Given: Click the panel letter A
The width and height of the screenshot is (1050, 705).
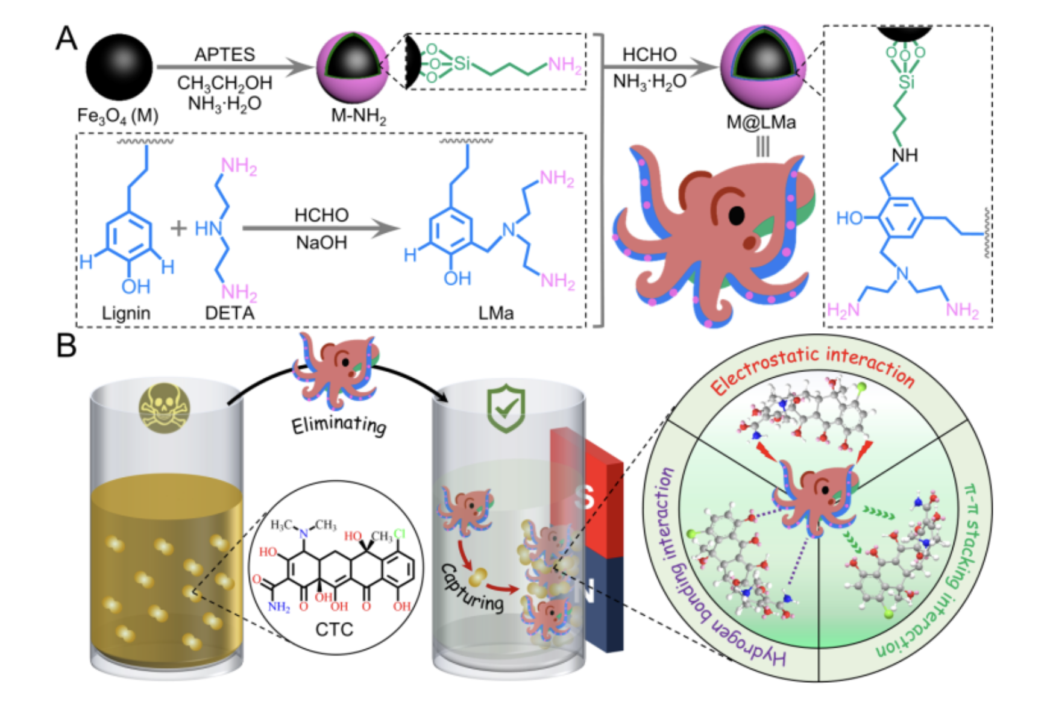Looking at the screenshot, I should tap(66, 39).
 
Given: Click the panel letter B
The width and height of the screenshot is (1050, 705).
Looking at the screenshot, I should tap(66, 346).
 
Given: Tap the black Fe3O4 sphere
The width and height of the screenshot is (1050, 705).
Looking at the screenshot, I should tap(119, 67).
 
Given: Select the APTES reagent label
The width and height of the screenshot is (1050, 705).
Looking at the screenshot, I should tap(224, 55).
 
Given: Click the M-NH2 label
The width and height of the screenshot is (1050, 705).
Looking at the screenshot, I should tap(358, 115).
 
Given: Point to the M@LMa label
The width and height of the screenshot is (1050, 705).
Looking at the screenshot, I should tap(761, 122).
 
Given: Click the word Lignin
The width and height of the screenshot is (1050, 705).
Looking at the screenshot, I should tap(125, 313).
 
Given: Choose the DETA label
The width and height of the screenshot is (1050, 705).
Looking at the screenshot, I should tap(230, 313).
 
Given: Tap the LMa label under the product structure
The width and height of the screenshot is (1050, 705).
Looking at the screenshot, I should tap(495, 313).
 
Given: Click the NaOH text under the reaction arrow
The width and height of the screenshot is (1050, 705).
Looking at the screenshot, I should tap(321, 243).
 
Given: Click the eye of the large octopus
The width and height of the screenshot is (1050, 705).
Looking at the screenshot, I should tap(736, 215).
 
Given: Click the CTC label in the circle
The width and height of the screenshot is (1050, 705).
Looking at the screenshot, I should tap(334, 630).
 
